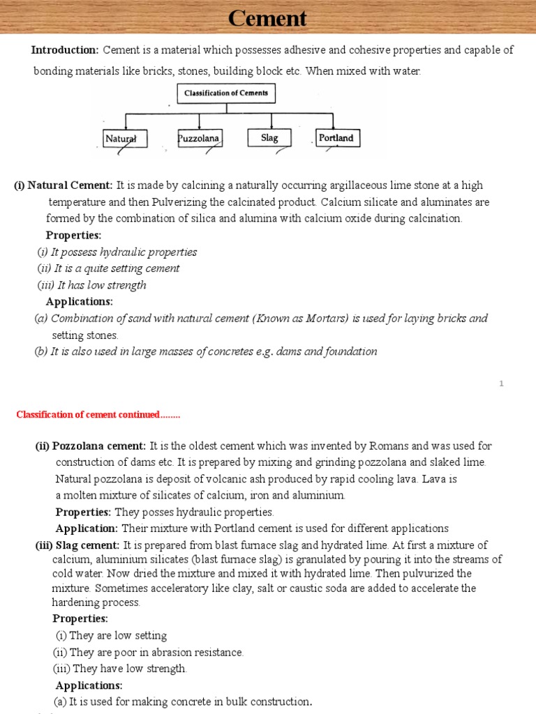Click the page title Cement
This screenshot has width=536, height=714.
(x=267, y=18)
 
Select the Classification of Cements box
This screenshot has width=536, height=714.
(x=225, y=93)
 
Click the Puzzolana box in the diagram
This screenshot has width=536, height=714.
(x=199, y=138)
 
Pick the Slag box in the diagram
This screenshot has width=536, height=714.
(x=269, y=137)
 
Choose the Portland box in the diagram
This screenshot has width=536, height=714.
(x=336, y=137)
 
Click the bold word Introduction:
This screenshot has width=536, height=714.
(x=65, y=50)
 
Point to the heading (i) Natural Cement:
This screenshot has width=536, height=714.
(x=64, y=185)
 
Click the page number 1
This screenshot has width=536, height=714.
(x=502, y=383)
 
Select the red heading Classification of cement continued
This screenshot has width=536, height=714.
(x=98, y=415)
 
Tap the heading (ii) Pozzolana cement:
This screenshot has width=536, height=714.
(x=91, y=446)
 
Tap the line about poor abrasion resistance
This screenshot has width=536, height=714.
(x=149, y=652)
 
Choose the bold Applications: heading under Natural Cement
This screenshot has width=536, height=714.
(x=79, y=301)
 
